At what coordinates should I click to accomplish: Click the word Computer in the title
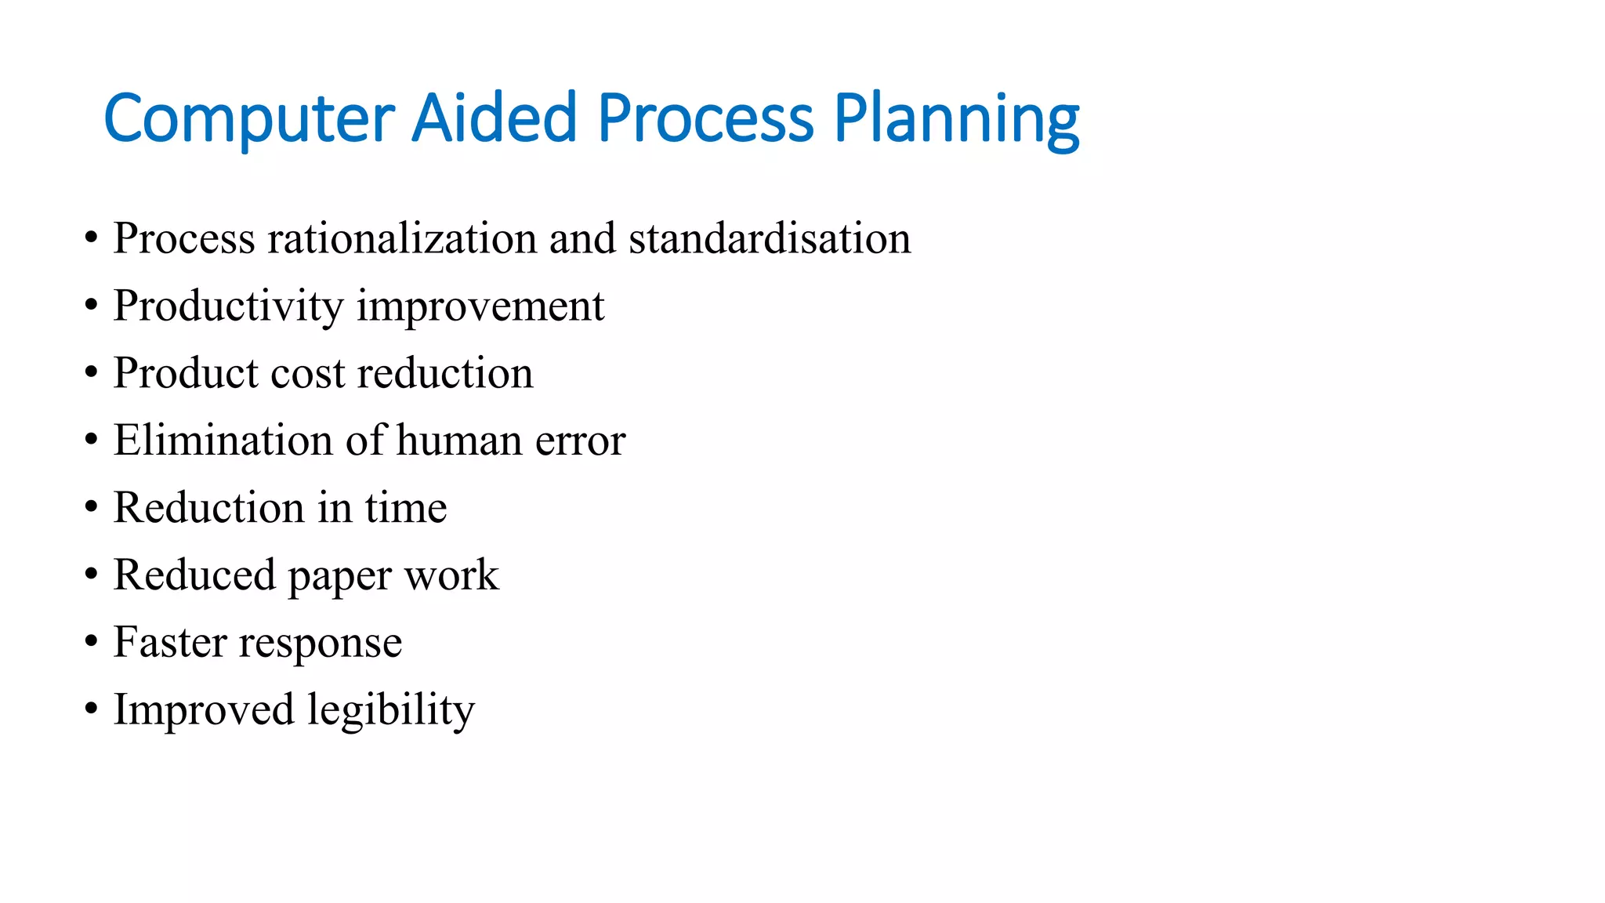pyautogui.click(x=248, y=119)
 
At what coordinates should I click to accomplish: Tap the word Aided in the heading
pyautogui.click(x=494, y=119)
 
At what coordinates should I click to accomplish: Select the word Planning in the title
pyautogui.click(x=956, y=119)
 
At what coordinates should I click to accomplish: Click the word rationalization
pyautogui.click(x=401, y=238)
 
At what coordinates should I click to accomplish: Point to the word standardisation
pyautogui.click(x=770, y=238)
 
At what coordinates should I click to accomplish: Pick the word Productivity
pyautogui.click(x=228, y=306)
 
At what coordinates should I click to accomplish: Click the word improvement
pyautogui.click(x=480, y=306)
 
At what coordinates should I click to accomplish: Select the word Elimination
pyautogui.click(x=223, y=441)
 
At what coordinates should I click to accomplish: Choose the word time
pyautogui.click(x=406, y=508)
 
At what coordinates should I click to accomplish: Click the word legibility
pyautogui.click(x=391, y=710)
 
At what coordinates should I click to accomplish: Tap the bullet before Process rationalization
pyautogui.click(x=92, y=238)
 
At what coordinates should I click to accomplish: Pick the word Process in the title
pyautogui.click(x=705, y=119)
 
